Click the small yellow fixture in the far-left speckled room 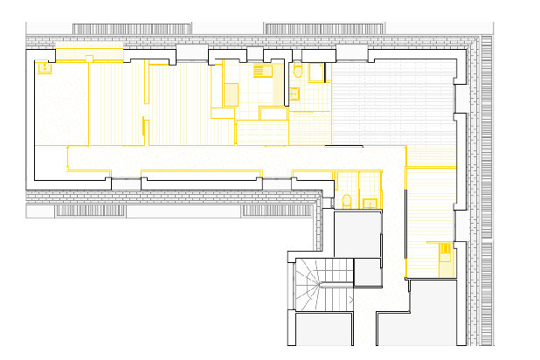coord(44,67)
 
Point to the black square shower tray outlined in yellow coord(315,72)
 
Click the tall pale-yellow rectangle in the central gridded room coord(231,93)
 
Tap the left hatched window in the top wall coord(131,29)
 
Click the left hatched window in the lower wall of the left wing coord(91,211)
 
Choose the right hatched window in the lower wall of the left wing coord(278,211)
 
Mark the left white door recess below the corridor coord(127,183)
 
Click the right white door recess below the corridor coord(276,183)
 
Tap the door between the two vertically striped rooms coord(147,112)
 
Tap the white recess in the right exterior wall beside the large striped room coord(461,98)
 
